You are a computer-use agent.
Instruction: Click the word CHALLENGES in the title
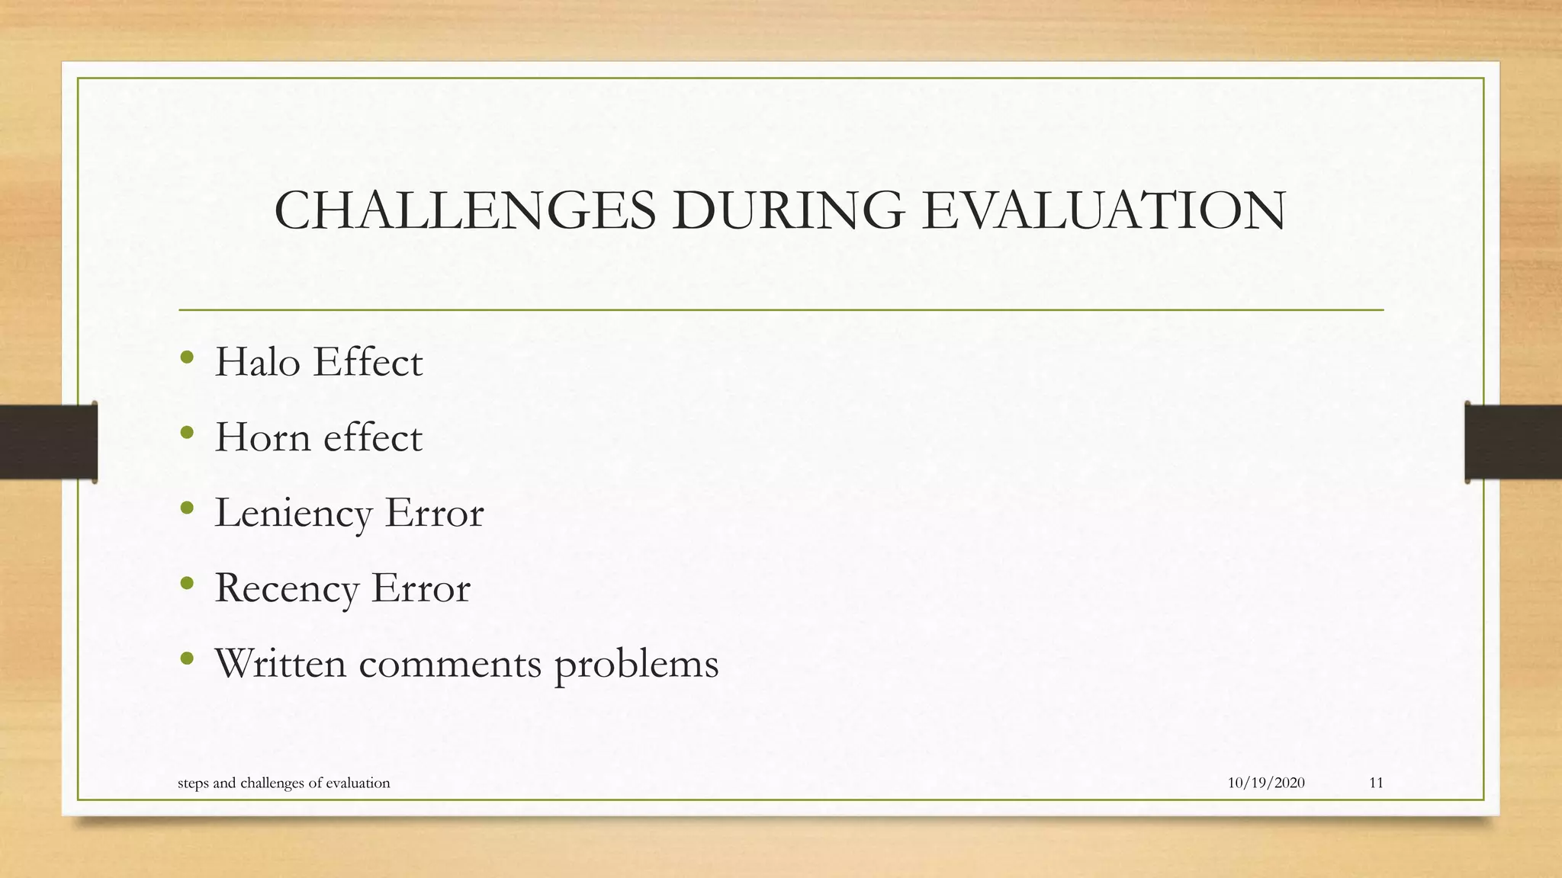[x=464, y=210]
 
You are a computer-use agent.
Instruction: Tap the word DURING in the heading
[x=788, y=210]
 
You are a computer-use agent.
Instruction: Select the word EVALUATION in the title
[x=1103, y=210]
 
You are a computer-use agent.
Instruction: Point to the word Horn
[x=262, y=437]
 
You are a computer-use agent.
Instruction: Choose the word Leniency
[x=293, y=513]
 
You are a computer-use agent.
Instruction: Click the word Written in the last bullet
[x=280, y=663]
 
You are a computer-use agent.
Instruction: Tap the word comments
[x=450, y=663]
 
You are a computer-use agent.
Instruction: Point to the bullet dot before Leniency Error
[x=187, y=508]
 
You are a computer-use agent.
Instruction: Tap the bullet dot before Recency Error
[x=187, y=584]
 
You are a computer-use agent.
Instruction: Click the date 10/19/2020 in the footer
[x=1266, y=783]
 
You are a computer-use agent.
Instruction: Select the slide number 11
[x=1376, y=783]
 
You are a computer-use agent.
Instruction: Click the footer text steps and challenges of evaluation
[x=284, y=783]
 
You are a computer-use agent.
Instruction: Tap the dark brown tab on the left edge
[x=48, y=442]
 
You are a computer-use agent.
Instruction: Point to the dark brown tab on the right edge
[x=1513, y=442]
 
